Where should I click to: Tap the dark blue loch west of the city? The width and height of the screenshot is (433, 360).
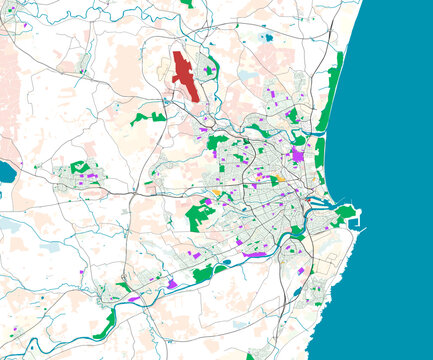[x=6, y=173]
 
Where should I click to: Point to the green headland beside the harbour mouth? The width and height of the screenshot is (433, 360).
[x=345, y=213]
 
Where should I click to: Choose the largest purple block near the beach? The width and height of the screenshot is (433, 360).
[x=298, y=155]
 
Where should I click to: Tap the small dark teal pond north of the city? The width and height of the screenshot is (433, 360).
[x=266, y=38]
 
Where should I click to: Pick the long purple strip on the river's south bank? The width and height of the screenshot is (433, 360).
[x=255, y=255]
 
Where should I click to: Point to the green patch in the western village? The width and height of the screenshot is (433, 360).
[x=79, y=168]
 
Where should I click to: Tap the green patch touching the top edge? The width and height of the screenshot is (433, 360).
[x=187, y=3]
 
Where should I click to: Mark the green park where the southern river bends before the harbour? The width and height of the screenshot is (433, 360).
[x=296, y=232]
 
